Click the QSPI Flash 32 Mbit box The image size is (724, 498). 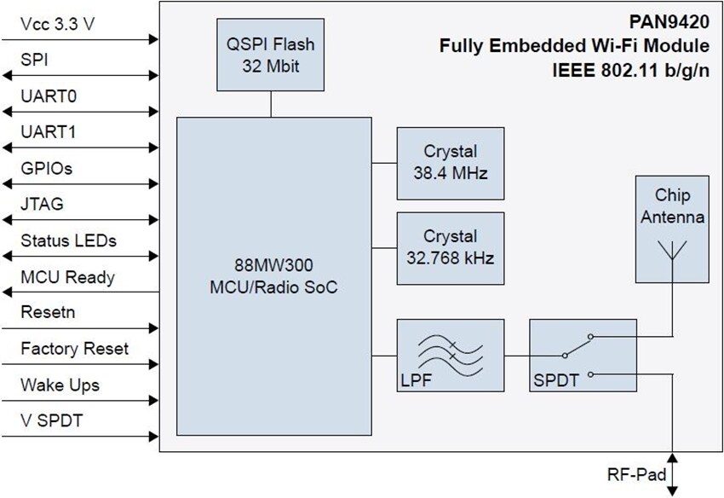click(271, 55)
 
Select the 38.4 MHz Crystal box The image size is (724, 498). click(450, 162)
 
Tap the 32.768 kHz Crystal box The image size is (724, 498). click(450, 247)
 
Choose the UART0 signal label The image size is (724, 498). click(49, 96)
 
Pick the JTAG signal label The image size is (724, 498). click(43, 205)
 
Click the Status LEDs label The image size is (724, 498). click(68, 240)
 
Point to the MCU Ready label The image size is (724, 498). click(67, 277)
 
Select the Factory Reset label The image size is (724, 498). click(75, 349)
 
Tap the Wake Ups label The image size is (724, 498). click(60, 385)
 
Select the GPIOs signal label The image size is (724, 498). click(46, 169)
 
